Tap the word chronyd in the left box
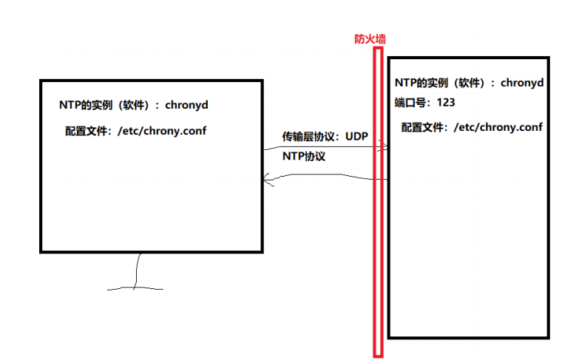(186, 105)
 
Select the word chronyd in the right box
(522, 83)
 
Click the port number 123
(446, 102)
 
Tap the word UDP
(356, 137)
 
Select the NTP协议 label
(304, 157)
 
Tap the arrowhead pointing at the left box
(267, 179)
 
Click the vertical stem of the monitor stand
(136, 271)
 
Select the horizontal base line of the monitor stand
(136, 288)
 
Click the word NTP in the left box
(70, 105)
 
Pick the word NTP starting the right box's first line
(406, 83)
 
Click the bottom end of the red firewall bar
(379, 353)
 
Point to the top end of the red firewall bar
(379, 50)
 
